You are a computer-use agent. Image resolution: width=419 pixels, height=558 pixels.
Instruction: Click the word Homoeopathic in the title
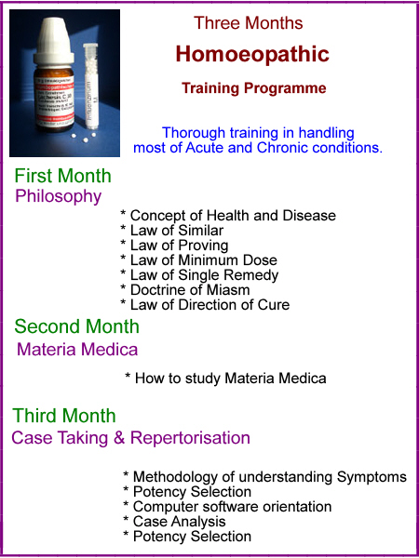(x=252, y=55)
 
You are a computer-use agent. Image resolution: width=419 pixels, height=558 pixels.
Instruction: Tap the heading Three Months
(x=249, y=23)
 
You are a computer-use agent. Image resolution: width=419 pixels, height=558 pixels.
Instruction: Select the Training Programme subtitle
(x=253, y=88)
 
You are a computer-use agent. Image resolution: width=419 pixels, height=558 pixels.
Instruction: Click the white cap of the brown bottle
(x=54, y=42)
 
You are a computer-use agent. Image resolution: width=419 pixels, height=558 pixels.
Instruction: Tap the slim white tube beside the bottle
(x=90, y=86)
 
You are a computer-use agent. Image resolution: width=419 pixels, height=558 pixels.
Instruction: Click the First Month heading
(x=62, y=176)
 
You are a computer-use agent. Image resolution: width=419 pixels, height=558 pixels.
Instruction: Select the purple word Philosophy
(x=59, y=196)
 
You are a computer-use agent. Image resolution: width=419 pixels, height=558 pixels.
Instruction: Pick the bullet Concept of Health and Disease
(x=228, y=216)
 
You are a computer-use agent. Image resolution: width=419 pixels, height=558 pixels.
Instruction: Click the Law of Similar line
(x=171, y=231)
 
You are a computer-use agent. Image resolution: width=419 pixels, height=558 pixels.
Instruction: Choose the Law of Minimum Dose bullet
(x=198, y=260)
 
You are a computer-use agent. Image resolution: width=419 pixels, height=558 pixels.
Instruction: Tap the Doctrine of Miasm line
(x=185, y=289)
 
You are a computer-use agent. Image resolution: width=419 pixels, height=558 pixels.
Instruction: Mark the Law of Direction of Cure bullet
(x=205, y=305)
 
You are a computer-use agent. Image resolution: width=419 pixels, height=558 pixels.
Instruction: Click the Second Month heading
(x=76, y=326)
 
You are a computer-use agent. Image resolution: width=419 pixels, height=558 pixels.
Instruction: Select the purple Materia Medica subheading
(x=77, y=350)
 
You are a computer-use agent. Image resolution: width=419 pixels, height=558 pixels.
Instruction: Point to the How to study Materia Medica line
(x=225, y=378)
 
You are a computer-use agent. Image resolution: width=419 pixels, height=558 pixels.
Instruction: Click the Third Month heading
(x=64, y=416)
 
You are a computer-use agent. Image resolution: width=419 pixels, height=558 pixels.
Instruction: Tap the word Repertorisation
(x=190, y=438)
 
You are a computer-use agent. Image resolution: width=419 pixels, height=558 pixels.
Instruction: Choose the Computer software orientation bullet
(x=227, y=507)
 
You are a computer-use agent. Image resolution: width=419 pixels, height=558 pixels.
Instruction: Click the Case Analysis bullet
(x=174, y=522)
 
